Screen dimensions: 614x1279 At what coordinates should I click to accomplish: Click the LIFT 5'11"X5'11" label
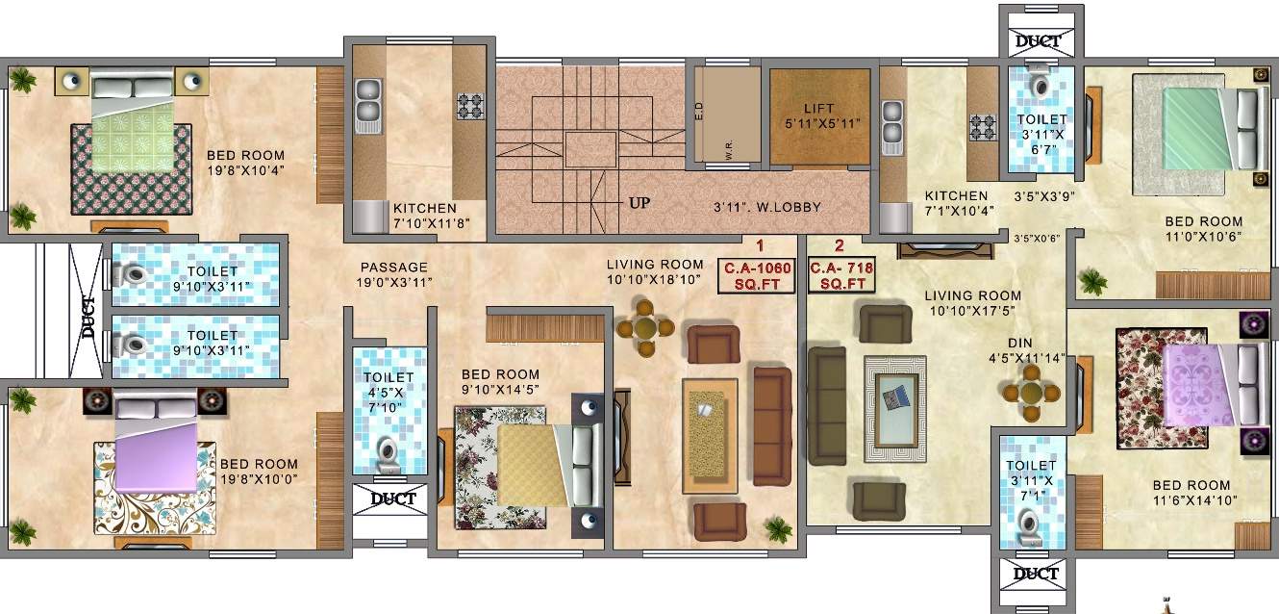point(819,115)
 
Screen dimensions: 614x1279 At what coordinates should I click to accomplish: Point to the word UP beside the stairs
point(639,204)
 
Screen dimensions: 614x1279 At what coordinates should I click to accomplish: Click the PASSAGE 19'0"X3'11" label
point(394,274)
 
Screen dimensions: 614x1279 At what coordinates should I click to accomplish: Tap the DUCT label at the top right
point(1039,41)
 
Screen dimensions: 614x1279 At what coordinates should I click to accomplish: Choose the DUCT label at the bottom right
point(1038,574)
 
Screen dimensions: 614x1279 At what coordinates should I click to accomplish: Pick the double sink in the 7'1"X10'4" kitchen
point(892,126)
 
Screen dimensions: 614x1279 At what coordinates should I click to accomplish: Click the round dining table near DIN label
point(1030,393)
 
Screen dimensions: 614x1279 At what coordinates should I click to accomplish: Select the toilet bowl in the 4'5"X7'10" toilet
point(389,453)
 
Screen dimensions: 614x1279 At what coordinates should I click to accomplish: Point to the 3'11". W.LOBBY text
point(766,207)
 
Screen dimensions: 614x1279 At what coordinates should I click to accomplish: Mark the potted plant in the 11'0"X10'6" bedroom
point(1092,281)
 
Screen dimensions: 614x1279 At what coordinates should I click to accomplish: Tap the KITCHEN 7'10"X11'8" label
point(424,215)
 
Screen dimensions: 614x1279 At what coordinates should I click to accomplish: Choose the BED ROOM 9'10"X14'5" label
point(500,383)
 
